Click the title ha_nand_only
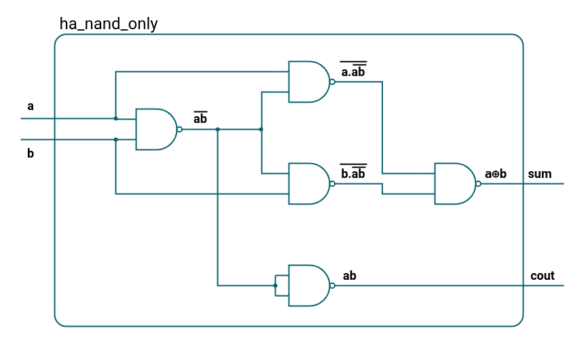[x=109, y=24]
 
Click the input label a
[x=30, y=107]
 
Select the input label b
[x=30, y=154]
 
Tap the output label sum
[x=540, y=174]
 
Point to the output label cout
[x=543, y=276]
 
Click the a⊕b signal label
[x=496, y=174]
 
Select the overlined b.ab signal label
[x=353, y=173]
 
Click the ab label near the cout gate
[x=350, y=276]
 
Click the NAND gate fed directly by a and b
[x=156, y=129]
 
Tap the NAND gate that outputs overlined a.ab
[x=309, y=82]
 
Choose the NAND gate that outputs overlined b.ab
[x=309, y=183]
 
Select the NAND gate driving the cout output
[x=309, y=285]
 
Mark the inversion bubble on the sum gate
[x=478, y=183]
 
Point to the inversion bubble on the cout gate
[x=332, y=285]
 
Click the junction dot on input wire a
[x=115, y=118]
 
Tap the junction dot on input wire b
[x=115, y=140]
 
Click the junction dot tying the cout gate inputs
[x=275, y=285]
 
